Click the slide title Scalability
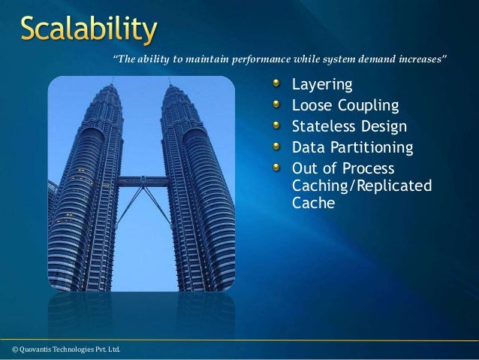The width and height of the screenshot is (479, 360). pyautogui.click(x=89, y=31)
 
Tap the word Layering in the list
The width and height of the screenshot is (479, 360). pyautogui.click(x=321, y=83)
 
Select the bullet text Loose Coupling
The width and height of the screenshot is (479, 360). pyautogui.click(x=345, y=104)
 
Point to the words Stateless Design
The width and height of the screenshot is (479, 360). pyautogui.click(x=349, y=126)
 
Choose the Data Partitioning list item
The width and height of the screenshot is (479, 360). pyautogui.click(x=352, y=147)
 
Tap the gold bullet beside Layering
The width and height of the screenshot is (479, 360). pyautogui.click(x=278, y=82)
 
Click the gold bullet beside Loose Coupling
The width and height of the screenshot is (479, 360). pyautogui.click(x=278, y=103)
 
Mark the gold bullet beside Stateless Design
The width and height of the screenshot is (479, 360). pyautogui.click(x=278, y=124)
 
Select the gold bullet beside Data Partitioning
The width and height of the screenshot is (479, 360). pyautogui.click(x=278, y=145)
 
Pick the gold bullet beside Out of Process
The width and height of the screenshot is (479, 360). pyautogui.click(x=278, y=166)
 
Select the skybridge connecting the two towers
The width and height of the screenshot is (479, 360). pyautogui.click(x=143, y=181)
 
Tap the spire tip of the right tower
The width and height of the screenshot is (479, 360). pyautogui.click(x=173, y=84)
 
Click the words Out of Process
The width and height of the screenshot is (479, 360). pyautogui.click(x=342, y=168)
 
